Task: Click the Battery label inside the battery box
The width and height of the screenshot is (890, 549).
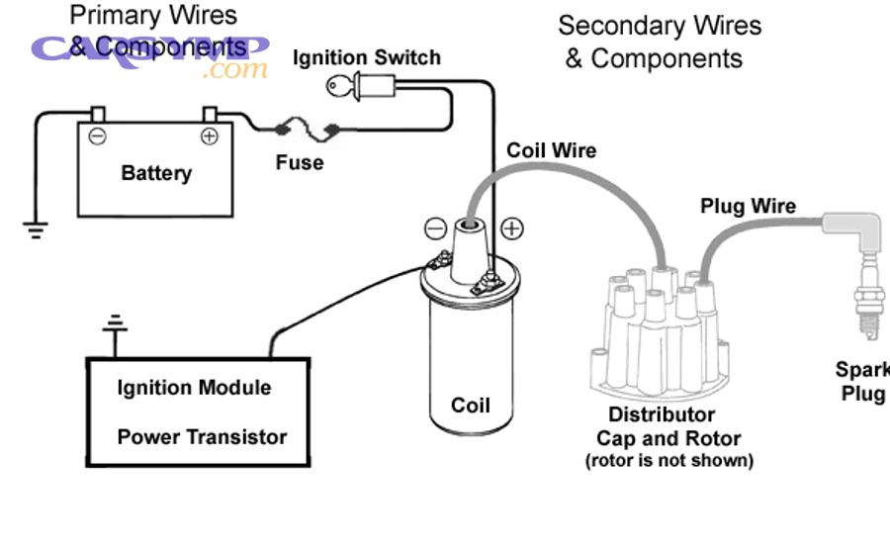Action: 155,173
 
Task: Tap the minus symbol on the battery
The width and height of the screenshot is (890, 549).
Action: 97,136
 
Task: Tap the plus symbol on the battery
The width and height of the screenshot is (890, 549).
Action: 210,136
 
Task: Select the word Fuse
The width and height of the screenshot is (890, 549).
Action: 299,161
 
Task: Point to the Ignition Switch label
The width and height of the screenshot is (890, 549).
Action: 366,58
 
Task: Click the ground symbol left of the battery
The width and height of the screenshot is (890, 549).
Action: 36,230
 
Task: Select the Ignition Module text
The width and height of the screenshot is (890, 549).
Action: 194,387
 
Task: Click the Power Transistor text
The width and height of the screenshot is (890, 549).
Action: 202,436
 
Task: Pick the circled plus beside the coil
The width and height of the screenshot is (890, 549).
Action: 511,229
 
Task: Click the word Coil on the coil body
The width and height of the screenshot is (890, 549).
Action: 470,406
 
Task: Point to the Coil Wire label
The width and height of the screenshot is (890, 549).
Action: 551,150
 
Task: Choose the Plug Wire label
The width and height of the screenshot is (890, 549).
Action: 748,206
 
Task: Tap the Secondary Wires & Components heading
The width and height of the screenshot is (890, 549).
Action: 660,42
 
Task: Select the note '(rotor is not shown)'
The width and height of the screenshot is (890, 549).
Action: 668,460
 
